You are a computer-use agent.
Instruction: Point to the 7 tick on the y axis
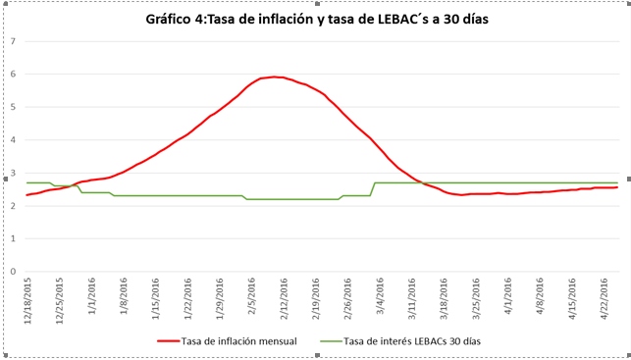12,41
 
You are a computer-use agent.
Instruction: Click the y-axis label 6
12,75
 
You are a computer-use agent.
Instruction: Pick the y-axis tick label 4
12,140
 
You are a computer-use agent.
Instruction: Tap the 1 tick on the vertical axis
12,239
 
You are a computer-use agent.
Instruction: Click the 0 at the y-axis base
12,272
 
